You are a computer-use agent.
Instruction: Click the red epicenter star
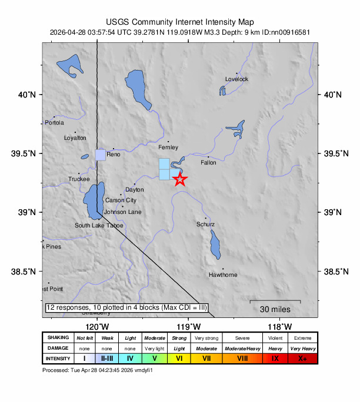180,179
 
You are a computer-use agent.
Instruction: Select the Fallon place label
208,163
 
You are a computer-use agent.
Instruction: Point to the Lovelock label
236,79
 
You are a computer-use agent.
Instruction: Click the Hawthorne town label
223,275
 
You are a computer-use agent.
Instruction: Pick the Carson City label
121,200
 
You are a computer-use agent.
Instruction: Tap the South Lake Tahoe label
99,226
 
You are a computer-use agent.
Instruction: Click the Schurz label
205,225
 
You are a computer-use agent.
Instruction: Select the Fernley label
168,148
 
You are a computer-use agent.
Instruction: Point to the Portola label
54,123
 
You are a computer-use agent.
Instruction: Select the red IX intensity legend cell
275,358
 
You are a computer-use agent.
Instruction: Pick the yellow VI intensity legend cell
179,358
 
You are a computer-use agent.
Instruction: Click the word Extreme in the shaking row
303,337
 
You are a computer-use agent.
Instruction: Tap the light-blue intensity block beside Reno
101,155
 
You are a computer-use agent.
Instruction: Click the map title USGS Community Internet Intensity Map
180,22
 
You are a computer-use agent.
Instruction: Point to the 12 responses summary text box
126,307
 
